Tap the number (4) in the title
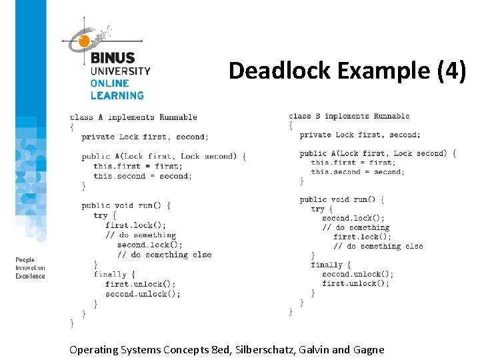point(452,70)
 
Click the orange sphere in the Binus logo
point(84,41)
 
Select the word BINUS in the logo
point(113,58)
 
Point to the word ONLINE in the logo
point(109,83)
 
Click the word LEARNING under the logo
point(117,95)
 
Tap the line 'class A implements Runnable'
point(133,117)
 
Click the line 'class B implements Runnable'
point(349,116)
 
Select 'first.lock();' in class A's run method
point(135,225)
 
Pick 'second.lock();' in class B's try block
point(353,218)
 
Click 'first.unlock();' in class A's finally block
point(140,284)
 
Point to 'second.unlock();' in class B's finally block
point(357,274)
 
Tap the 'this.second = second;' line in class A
point(142,176)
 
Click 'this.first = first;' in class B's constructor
point(352,162)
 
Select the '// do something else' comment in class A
point(164,255)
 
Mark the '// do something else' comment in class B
point(378,246)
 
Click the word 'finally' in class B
point(326,265)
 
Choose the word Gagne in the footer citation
point(369,350)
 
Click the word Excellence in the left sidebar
point(30,276)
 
